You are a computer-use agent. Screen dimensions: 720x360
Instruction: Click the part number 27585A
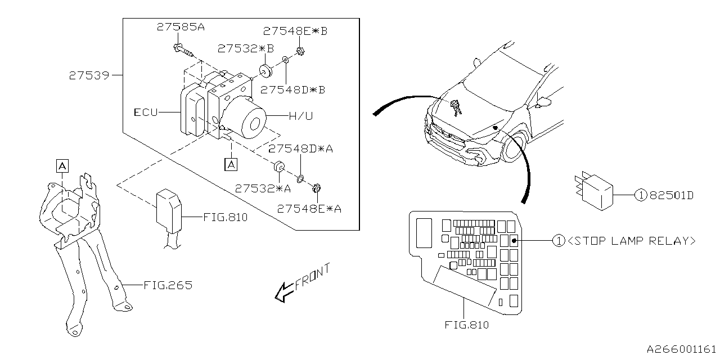pyautogui.click(x=181, y=26)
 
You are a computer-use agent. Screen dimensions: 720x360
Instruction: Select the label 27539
pyautogui.click(x=89, y=75)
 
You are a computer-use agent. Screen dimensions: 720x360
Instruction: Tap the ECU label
pyautogui.click(x=146, y=112)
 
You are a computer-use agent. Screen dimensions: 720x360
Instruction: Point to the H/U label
pyautogui.click(x=301, y=116)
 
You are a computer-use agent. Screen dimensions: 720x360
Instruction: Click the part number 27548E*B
pyautogui.click(x=295, y=31)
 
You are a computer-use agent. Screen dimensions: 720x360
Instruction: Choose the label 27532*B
pyautogui.click(x=246, y=48)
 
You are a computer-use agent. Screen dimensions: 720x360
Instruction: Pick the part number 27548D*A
pyautogui.click(x=300, y=149)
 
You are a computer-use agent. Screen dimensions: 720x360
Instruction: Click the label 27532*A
pyautogui.click(x=263, y=188)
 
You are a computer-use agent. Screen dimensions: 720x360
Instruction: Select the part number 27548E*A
pyautogui.click(x=309, y=209)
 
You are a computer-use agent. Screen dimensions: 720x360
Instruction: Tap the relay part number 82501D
pyautogui.click(x=672, y=195)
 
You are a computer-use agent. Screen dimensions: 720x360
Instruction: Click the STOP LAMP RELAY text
pyautogui.click(x=632, y=241)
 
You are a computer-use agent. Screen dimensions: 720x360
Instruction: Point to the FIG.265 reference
pyautogui.click(x=168, y=285)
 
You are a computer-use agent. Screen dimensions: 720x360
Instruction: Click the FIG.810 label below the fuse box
pyautogui.click(x=467, y=325)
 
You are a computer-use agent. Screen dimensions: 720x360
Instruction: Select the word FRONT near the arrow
pyautogui.click(x=312, y=277)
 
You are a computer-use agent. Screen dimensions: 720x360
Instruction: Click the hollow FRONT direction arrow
pyautogui.click(x=284, y=292)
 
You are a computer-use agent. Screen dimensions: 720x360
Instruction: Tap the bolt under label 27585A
pyautogui.click(x=184, y=51)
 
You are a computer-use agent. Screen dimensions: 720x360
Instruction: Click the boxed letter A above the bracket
pyautogui.click(x=62, y=166)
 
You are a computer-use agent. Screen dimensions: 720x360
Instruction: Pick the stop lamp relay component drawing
pyautogui.click(x=594, y=191)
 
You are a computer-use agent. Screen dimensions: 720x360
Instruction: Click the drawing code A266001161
pyautogui.click(x=682, y=349)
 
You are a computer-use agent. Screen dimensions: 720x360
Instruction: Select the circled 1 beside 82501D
pyautogui.click(x=641, y=195)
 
